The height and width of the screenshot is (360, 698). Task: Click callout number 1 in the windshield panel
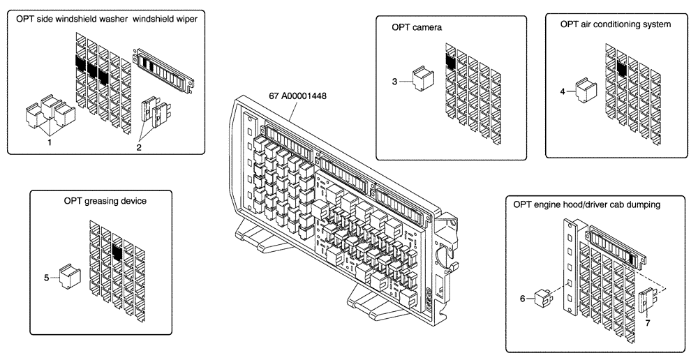pos(50,142)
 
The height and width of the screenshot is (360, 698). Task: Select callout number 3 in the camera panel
pos(394,82)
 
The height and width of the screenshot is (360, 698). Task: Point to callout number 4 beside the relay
pos(563,90)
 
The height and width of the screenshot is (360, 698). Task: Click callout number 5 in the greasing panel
pos(46,278)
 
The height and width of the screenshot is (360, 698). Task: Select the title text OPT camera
pos(417,27)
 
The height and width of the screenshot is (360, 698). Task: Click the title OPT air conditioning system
pos(615,24)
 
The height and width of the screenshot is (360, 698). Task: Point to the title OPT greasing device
pos(105,202)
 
